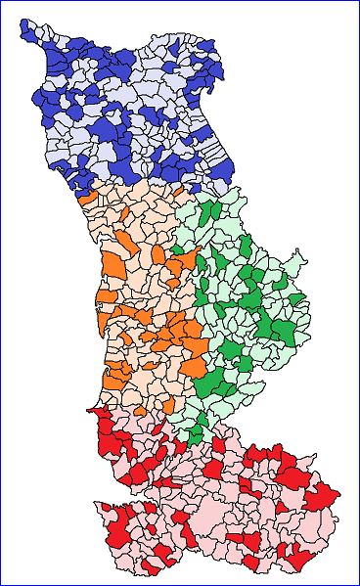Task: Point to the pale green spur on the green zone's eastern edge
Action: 301,259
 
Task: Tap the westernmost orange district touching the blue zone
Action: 89,196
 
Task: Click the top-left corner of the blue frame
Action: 1,1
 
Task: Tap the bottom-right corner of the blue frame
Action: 358,584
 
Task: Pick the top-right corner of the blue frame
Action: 358,1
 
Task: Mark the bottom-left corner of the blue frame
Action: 1,584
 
